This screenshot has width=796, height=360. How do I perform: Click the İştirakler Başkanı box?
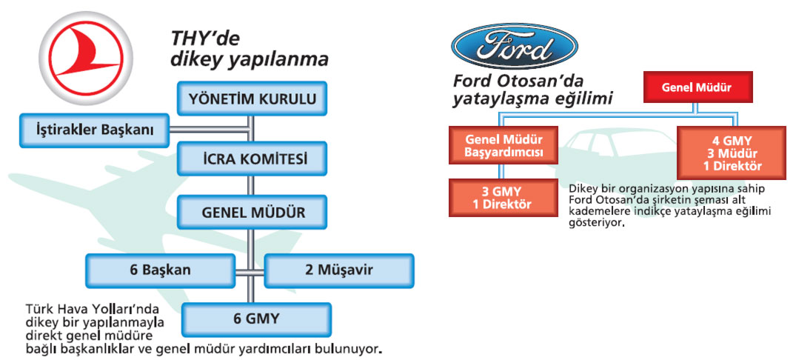(95, 130)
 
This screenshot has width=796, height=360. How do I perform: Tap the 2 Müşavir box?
(339, 270)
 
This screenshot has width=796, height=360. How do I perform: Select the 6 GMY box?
(255, 319)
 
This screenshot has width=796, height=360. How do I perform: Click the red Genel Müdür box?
(697, 87)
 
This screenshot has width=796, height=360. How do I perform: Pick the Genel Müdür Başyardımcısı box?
(504, 145)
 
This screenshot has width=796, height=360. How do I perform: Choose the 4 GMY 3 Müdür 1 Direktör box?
(732, 152)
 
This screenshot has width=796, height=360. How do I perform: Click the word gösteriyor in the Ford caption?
(592, 222)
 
